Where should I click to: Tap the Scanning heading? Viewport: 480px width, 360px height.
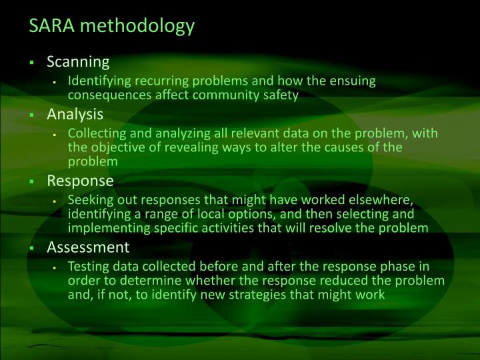(78, 63)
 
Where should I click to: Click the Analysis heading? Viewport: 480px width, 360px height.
(75, 114)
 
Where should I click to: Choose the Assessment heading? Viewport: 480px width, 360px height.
(88, 247)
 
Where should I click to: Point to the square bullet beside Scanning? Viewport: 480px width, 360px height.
(31, 63)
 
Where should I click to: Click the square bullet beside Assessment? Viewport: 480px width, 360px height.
(31, 248)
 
